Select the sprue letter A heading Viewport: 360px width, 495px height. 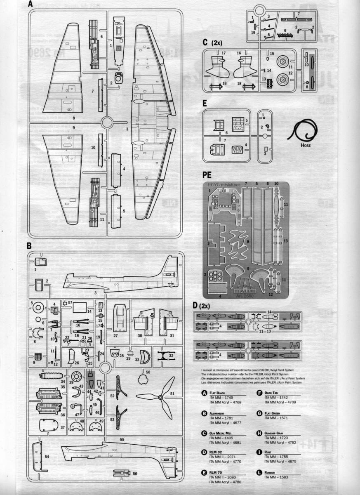point(30,5)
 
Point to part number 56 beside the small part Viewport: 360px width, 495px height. point(135,474)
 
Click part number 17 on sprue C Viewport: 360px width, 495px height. point(223,53)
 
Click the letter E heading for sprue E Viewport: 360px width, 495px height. point(205,103)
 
